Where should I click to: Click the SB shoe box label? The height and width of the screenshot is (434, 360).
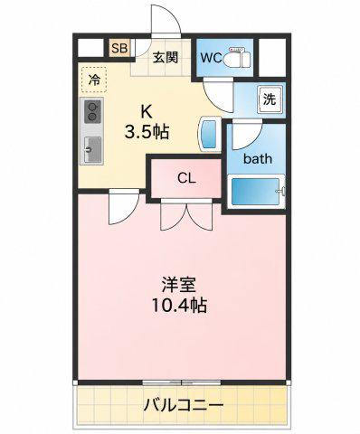tap(119, 48)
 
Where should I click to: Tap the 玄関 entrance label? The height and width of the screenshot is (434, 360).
tap(165, 57)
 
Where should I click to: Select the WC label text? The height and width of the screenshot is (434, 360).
tap(211, 58)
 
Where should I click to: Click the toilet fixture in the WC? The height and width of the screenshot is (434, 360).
tap(237, 57)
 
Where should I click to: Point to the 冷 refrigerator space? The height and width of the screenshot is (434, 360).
tap(94, 80)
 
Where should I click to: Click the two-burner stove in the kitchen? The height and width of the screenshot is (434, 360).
tap(93, 112)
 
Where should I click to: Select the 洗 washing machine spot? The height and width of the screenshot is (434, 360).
tap(270, 99)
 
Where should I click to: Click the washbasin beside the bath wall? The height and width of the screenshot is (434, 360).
tap(208, 135)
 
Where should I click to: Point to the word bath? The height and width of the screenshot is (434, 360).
tap(258, 159)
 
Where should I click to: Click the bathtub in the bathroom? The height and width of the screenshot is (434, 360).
tap(256, 192)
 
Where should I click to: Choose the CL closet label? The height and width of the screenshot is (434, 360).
tap(186, 178)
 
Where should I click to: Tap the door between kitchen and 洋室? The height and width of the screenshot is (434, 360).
tap(124, 207)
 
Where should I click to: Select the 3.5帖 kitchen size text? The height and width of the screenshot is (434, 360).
tap(147, 132)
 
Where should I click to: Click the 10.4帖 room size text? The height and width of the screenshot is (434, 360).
tap(179, 306)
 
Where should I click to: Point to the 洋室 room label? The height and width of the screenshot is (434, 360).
tap(179, 285)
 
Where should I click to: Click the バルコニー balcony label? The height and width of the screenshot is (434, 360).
tap(184, 405)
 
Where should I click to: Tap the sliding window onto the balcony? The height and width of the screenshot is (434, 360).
tap(182, 382)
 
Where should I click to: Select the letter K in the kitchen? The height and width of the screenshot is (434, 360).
tap(146, 113)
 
